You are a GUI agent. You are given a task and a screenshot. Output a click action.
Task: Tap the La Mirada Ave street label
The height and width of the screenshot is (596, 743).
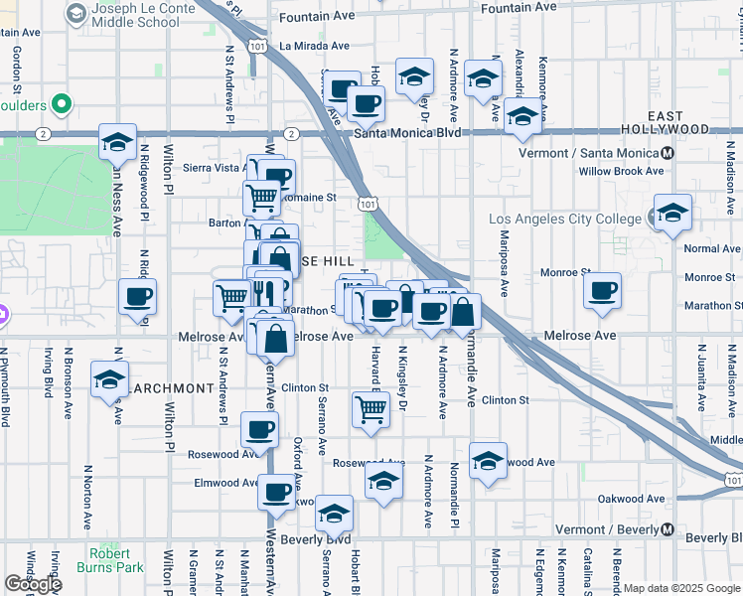[314, 46]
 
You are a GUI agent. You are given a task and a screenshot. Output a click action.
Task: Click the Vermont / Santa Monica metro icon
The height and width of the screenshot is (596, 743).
[669, 153]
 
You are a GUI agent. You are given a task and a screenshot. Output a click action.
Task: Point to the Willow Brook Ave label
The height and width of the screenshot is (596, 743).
[622, 171]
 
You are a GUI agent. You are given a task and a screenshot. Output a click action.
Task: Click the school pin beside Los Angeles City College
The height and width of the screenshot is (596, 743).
[672, 213]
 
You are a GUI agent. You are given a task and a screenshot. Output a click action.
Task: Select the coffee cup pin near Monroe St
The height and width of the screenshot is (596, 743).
[602, 290]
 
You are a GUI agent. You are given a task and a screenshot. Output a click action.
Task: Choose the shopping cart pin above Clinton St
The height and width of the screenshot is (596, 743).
[370, 408]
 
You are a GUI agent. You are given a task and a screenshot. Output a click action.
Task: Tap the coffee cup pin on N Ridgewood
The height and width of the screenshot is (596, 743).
[137, 296]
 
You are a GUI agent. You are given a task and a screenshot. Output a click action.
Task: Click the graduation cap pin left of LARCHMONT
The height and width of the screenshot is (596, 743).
[109, 379]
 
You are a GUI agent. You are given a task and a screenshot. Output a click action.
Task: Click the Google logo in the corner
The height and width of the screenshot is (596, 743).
[34, 584]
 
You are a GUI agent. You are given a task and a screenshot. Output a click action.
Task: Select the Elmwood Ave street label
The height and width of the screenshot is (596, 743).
[226, 483]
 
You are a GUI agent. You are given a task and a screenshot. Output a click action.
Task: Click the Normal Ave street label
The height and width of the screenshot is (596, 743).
[712, 248]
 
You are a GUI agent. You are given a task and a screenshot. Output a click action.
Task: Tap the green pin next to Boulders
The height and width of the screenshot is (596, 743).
[62, 103]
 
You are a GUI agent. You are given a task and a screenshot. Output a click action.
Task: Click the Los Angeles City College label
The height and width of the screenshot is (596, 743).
[567, 220]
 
